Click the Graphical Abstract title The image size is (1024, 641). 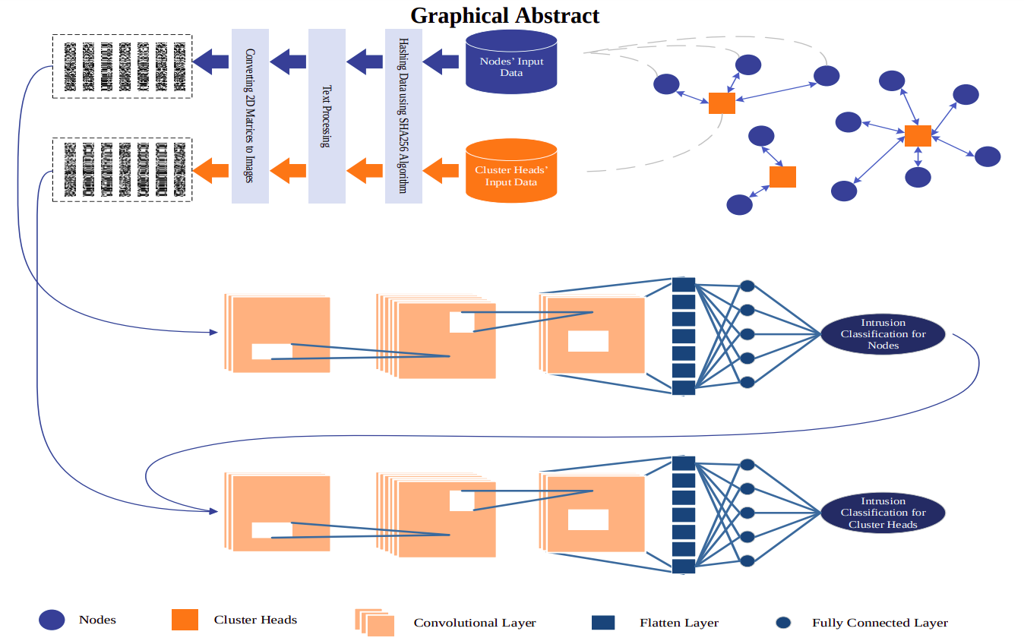(505, 15)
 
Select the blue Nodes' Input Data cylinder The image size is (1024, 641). (511, 62)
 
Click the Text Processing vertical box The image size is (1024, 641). (327, 115)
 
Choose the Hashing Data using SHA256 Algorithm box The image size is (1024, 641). (403, 115)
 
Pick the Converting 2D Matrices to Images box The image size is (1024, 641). (250, 115)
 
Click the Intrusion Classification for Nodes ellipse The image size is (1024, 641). (883, 334)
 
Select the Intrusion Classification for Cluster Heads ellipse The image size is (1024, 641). (883, 513)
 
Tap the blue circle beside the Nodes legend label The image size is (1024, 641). (52, 620)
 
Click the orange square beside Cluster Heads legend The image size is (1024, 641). (185, 620)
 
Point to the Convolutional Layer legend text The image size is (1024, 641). (475, 623)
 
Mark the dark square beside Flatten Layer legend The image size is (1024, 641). (602, 623)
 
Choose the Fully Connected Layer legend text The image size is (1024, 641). (880, 623)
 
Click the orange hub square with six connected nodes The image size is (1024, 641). (918, 136)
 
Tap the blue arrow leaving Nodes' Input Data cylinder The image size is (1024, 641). (441, 61)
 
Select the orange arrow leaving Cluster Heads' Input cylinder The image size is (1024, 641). (441, 170)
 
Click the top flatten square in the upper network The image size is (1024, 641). (684, 286)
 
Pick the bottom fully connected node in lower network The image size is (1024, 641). (747, 560)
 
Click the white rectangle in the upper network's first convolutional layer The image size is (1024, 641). (271, 352)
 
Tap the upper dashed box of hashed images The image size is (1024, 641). (122, 65)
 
